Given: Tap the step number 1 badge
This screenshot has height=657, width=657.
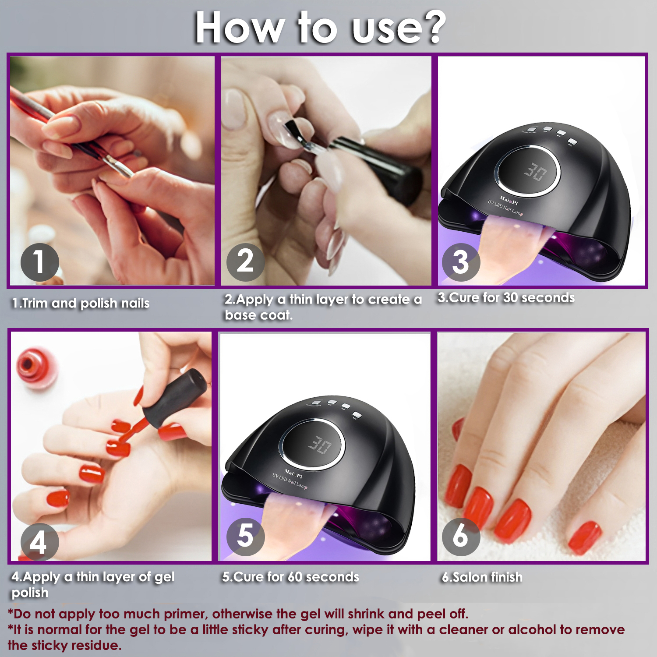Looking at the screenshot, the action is pyautogui.click(x=40, y=262).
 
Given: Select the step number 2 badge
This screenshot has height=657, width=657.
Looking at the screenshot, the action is pyautogui.click(x=245, y=262).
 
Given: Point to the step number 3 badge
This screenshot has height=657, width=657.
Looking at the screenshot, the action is pyautogui.click(x=461, y=262).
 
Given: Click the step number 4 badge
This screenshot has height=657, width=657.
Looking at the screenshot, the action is pyautogui.click(x=40, y=542).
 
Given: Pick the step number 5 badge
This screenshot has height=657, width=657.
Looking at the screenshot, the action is pyautogui.click(x=245, y=537).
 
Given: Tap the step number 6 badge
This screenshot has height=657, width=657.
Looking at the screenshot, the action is pyautogui.click(x=461, y=537).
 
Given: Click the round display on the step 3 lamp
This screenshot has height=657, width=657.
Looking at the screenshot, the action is pyautogui.click(x=528, y=171).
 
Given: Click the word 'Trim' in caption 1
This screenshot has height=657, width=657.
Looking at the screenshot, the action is pyautogui.click(x=35, y=303).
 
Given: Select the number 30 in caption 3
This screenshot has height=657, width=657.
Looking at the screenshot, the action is pyautogui.click(x=511, y=298).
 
